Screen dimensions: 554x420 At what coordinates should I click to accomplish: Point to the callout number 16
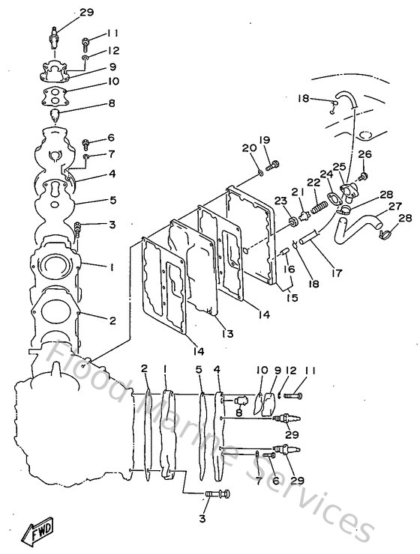(x=289, y=268)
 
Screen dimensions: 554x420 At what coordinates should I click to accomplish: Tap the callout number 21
(x=296, y=192)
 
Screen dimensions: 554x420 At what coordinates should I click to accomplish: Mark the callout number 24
(x=327, y=174)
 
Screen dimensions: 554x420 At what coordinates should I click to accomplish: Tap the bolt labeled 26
(x=364, y=176)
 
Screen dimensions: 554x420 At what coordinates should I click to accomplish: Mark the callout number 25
(x=340, y=166)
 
